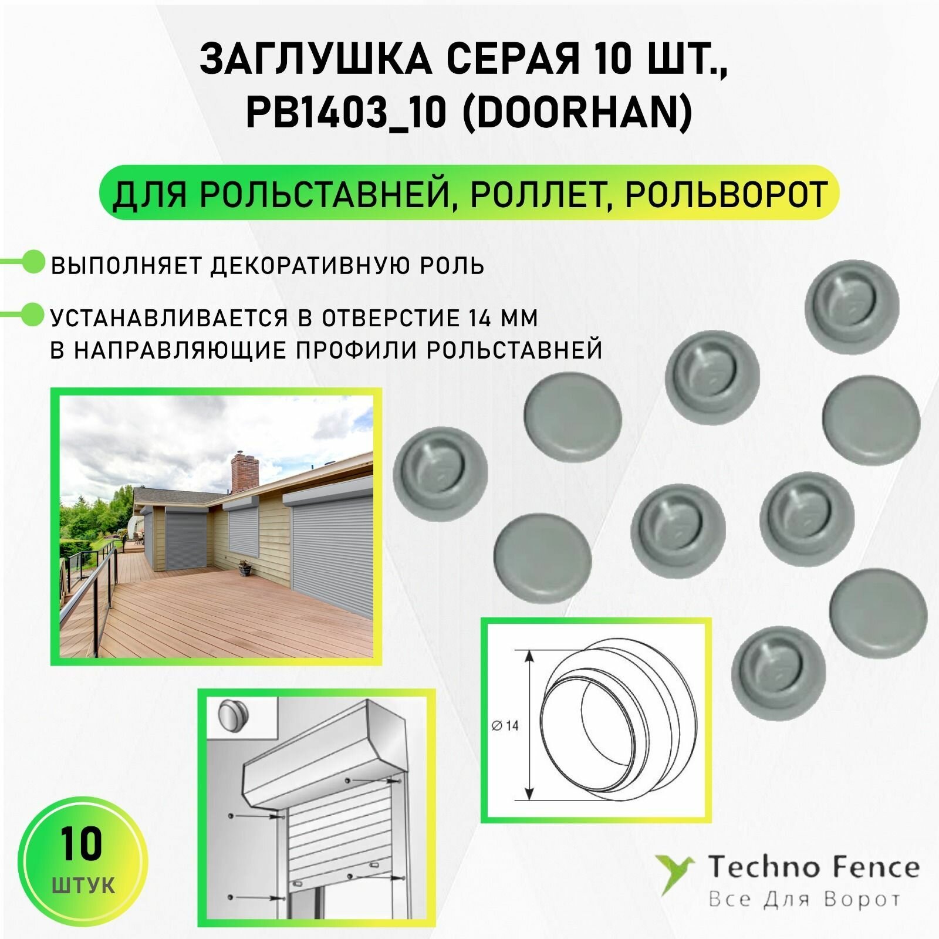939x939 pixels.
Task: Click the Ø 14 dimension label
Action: point(505,726)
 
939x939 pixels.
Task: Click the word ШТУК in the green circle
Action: point(83,885)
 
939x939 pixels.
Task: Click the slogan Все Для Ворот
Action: point(804,900)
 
